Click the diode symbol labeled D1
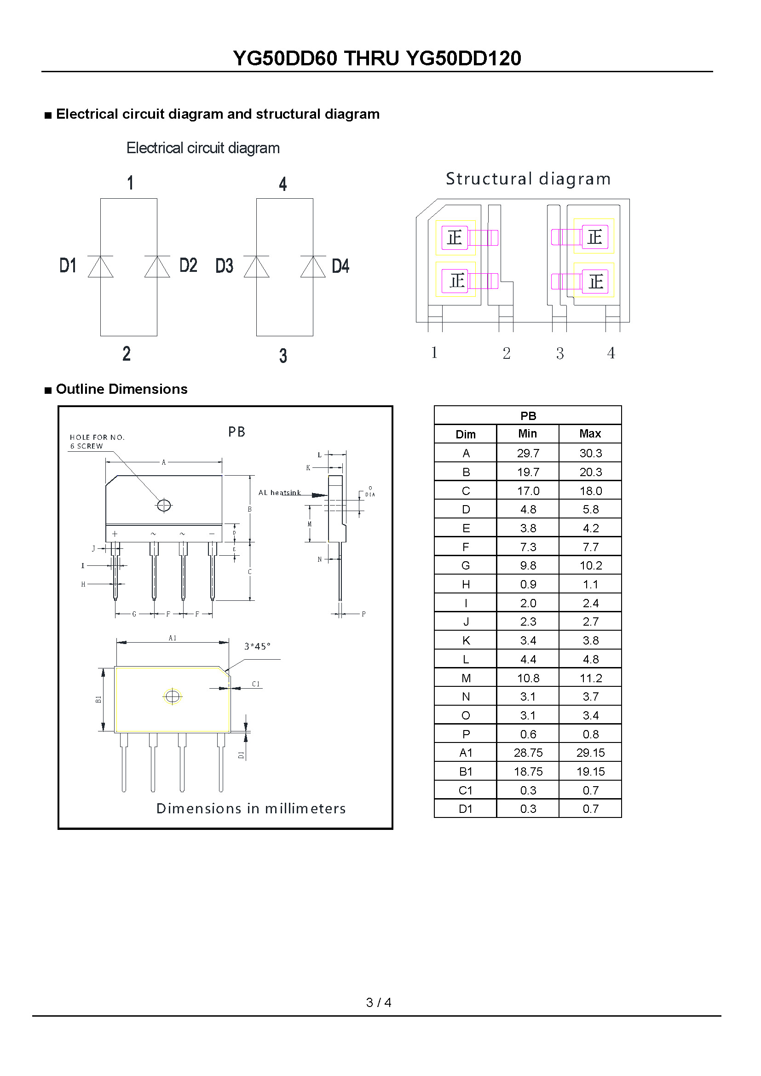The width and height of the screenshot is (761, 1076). point(100,267)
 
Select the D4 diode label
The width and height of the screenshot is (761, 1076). point(340,266)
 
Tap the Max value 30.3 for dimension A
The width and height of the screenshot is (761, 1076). point(590,453)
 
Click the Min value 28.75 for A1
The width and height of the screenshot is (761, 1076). point(528,753)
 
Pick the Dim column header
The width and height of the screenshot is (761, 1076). point(465,434)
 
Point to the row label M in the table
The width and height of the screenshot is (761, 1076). point(465,678)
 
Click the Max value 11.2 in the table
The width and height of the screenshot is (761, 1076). point(590,678)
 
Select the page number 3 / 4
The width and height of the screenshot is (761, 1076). point(379,1002)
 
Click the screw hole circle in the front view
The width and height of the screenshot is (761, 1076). point(163,505)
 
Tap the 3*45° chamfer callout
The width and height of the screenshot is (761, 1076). point(257,646)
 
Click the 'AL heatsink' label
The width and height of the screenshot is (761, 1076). point(279,493)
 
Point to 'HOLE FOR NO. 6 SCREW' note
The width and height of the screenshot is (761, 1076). point(97,442)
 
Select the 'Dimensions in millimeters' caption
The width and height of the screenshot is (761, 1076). point(251,808)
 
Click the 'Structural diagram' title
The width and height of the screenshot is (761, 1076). point(528,179)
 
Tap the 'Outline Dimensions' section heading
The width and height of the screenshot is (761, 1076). point(121,389)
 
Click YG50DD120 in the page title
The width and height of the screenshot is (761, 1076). point(463,58)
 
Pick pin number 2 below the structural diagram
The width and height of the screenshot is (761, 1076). point(507,353)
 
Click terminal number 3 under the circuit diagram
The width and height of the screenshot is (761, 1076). point(283,356)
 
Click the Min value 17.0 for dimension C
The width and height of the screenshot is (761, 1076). point(528,491)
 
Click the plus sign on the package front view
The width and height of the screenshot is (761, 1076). point(115,534)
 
